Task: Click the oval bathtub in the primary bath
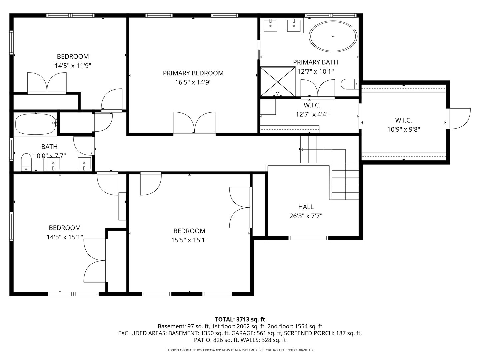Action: (333, 36)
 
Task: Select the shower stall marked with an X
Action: (278, 81)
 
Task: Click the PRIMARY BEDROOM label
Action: (193, 73)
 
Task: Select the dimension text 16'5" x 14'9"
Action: (193, 82)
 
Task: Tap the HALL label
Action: (306, 207)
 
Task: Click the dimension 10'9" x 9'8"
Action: (403, 129)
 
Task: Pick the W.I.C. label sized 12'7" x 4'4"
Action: (312, 105)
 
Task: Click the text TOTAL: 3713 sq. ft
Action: (240, 319)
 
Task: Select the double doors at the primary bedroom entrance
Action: (194, 123)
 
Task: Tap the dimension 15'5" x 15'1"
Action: (189, 240)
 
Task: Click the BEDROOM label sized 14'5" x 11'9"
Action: (73, 56)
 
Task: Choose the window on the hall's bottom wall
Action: (308, 238)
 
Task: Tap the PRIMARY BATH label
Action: (315, 62)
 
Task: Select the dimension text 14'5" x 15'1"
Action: (65, 237)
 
